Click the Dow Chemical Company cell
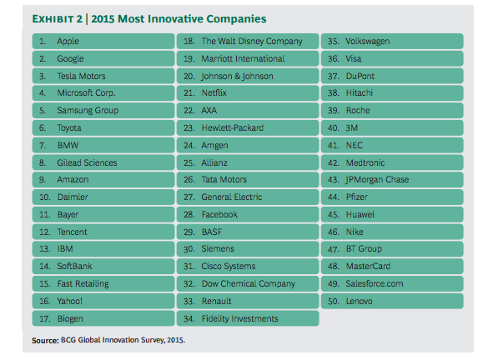pos(249,283)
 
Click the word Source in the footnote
pos(44,340)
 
